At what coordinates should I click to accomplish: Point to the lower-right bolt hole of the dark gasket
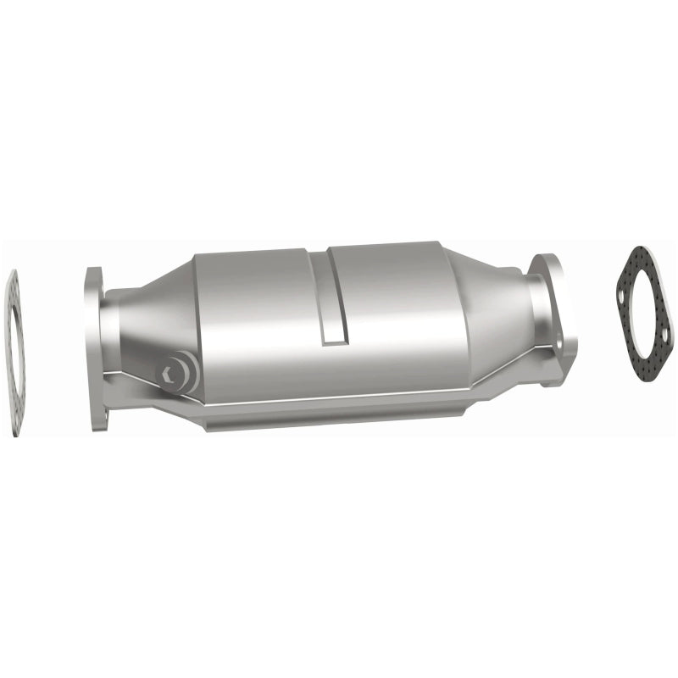pyautogui.click(x=661, y=356)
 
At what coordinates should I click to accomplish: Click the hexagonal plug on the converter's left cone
pyautogui.click(x=174, y=370)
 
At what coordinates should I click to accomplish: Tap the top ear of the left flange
pyautogui.click(x=92, y=280)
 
